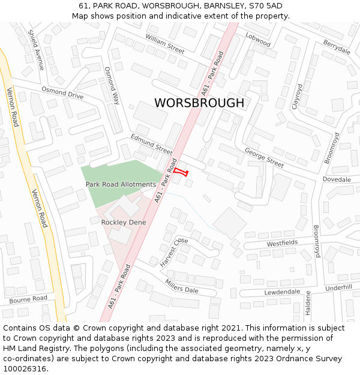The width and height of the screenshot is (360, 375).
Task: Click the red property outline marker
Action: [181, 172]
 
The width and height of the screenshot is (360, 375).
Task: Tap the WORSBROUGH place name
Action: [199, 103]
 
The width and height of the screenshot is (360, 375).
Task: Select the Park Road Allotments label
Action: [121, 184]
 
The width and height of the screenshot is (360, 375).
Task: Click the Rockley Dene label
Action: [124, 222]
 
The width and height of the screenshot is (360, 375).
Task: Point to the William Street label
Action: [164, 44]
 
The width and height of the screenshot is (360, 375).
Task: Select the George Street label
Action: [264, 158]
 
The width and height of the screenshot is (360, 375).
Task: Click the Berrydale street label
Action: [337, 47]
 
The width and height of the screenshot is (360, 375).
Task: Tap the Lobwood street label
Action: [258, 40]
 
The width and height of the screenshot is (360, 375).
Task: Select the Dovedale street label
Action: [336, 179]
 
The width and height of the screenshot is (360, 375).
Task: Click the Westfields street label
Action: [282, 243]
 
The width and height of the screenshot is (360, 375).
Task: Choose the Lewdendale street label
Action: [282, 292]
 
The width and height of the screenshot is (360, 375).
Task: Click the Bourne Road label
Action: [28, 298]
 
